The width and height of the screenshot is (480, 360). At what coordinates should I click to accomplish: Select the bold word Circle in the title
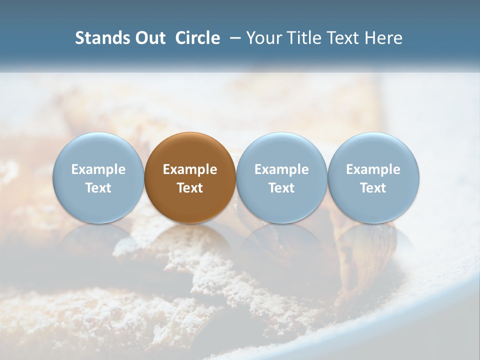[x=197, y=38]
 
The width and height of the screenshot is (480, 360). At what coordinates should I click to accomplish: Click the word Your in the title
[x=264, y=38]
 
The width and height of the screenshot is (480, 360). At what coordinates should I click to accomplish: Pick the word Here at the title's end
[x=384, y=38]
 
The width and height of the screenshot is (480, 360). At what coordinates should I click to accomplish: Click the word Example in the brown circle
[x=190, y=169]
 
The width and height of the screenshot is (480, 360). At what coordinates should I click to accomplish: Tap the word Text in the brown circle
[x=190, y=188]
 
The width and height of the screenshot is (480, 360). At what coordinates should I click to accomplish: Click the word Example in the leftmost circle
[x=98, y=169]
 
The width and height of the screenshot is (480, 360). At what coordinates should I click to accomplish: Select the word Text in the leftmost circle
[x=98, y=188]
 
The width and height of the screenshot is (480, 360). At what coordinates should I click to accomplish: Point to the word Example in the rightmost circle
[x=373, y=169]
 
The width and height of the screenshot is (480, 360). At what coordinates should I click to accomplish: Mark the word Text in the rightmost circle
[x=373, y=188]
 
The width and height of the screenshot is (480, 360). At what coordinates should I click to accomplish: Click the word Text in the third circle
[x=281, y=188]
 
